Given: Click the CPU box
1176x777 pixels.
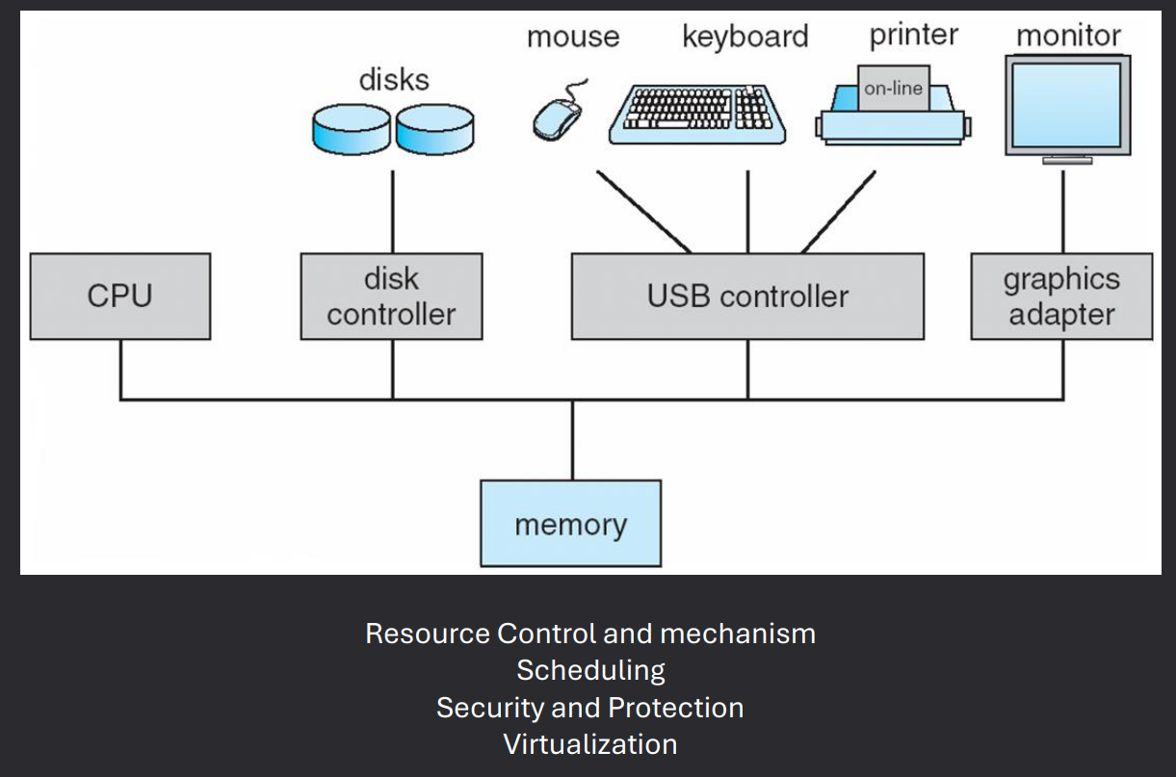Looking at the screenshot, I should click(x=120, y=297).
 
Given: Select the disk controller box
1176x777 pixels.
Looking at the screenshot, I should click(x=391, y=297).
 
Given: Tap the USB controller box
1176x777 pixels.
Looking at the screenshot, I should click(x=747, y=297).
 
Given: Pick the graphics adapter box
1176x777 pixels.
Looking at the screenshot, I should click(x=1061, y=297).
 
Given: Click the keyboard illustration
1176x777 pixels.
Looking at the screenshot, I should click(x=698, y=113).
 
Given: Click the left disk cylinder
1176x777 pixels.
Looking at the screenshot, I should click(x=352, y=130).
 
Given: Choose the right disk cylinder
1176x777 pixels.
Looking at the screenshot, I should click(x=434, y=130).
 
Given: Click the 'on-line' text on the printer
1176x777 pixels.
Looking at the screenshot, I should click(x=893, y=89).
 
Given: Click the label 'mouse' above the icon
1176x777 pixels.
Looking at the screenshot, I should click(x=572, y=38).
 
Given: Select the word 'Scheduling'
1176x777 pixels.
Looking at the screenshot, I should click(x=590, y=670).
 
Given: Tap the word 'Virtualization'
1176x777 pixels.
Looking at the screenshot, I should click(x=589, y=744).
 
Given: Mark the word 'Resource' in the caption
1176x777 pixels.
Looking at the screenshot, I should click(x=427, y=634).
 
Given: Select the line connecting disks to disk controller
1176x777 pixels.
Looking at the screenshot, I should click(x=392, y=212).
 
